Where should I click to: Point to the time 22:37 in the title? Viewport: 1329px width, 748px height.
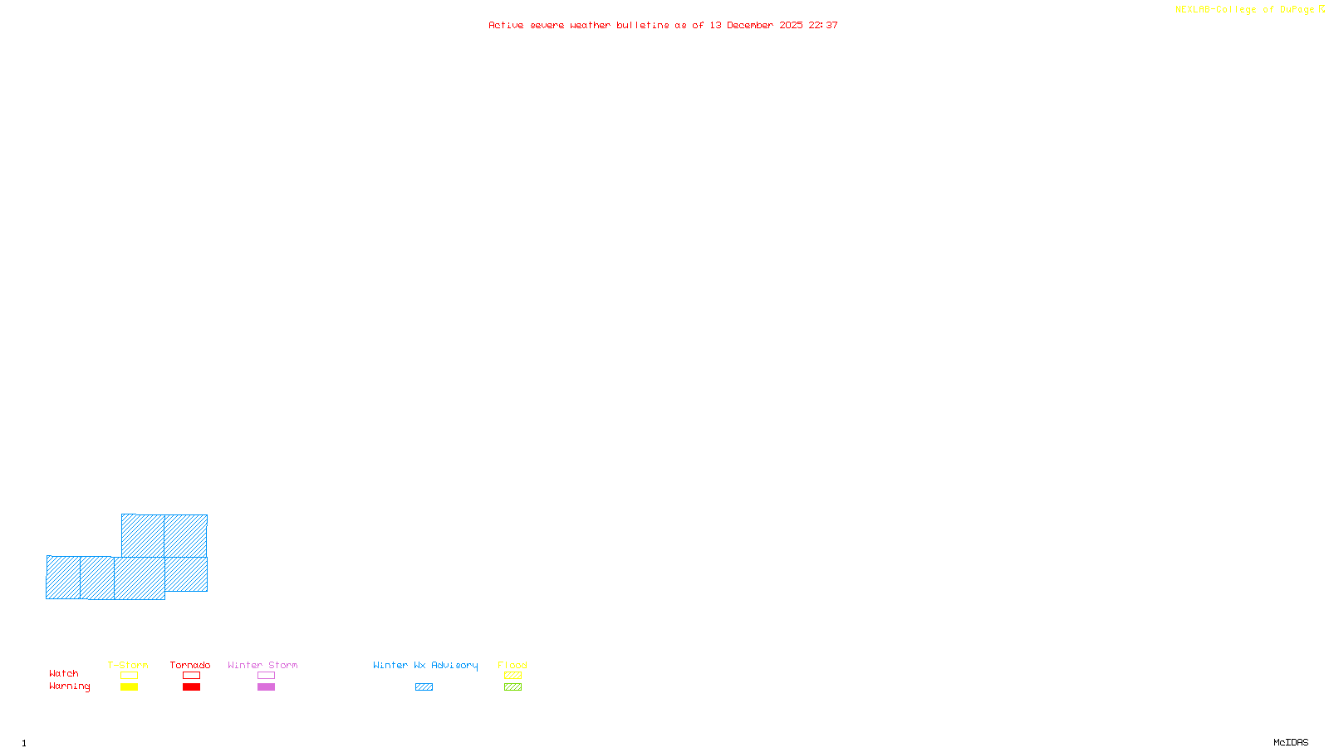point(823,25)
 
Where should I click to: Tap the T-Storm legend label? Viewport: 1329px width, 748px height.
point(128,665)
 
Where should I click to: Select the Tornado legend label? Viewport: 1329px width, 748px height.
point(190,665)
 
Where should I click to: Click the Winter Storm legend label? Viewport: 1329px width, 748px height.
point(262,665)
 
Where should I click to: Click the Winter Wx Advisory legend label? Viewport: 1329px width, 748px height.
point(425,665)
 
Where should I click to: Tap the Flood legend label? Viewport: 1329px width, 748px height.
point(512,665)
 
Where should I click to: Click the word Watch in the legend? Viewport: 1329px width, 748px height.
point(64,673)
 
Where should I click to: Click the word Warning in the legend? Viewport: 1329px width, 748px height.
point(69,686)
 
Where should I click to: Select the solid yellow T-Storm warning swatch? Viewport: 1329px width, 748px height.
point(129,687)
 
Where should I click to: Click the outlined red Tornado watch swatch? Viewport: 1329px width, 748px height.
point(191,676)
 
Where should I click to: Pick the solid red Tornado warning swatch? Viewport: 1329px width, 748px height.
point(191,687)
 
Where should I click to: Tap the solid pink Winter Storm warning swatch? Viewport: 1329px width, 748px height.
point(266,687)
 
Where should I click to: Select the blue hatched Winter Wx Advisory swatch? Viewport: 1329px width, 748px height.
point(424,687)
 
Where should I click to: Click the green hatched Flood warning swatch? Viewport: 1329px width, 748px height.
point(512,687)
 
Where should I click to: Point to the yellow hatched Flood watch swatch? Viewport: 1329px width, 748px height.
point(512,676)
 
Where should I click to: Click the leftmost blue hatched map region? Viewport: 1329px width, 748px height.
point(63,578)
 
